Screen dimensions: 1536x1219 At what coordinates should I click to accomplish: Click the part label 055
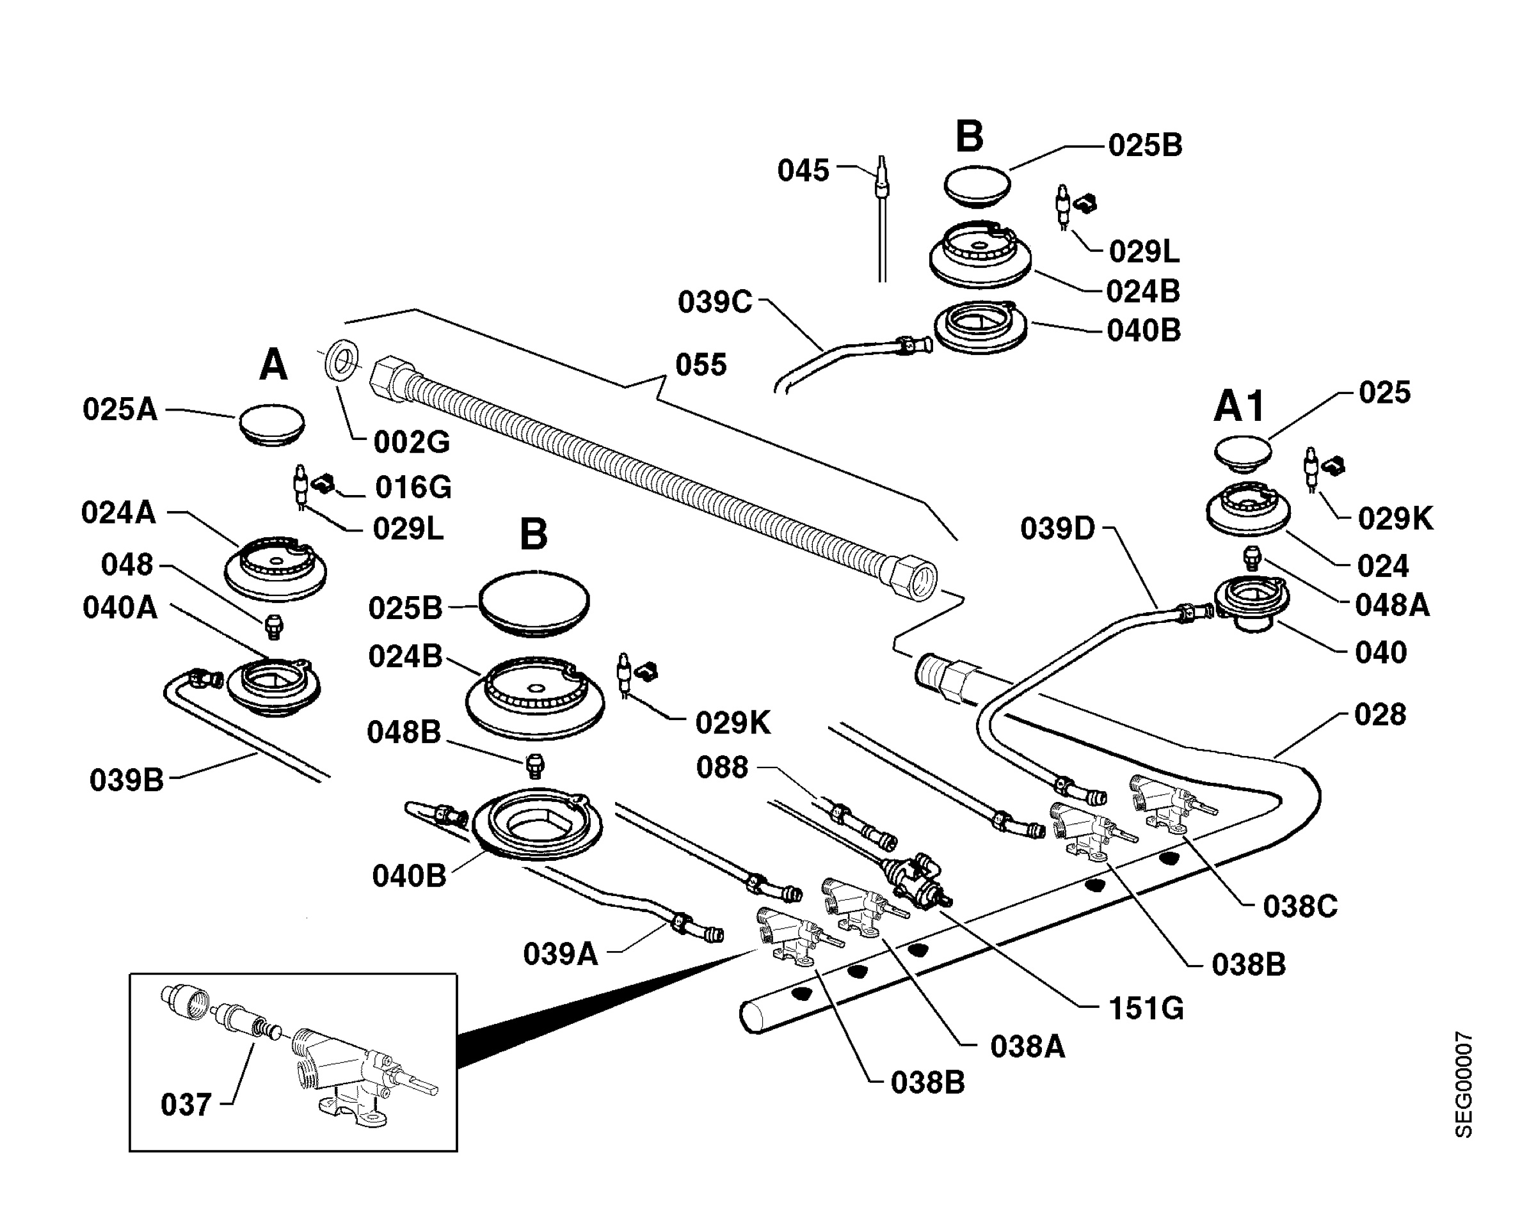click(x=700, y=365)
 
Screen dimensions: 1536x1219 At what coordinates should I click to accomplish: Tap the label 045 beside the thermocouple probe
click(x=803, y=171)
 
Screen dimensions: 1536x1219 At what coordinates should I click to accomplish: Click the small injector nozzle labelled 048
click(x=273, y=627)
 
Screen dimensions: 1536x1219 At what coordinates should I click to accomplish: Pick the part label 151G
click(x=1146, y=1008)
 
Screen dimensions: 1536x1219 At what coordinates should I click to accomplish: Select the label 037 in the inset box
click(x=186, y=1105)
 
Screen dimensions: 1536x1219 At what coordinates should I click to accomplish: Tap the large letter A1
click(x=1239, y=407)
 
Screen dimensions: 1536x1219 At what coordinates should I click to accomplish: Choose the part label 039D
click(x=1057, y=529)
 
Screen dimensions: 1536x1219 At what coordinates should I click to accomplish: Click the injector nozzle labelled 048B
click(x=534, y=766)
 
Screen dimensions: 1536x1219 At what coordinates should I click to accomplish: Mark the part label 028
click(x=1380, y=714)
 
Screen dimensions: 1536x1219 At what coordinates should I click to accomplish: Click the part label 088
click(x=722, y=767)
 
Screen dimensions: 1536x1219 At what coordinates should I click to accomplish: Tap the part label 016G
click(x=413, y=488)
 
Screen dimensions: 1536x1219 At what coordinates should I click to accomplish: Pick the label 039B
click(x=126, y=780)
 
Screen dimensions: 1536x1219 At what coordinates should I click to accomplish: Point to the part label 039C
click(x=715, y=302)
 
